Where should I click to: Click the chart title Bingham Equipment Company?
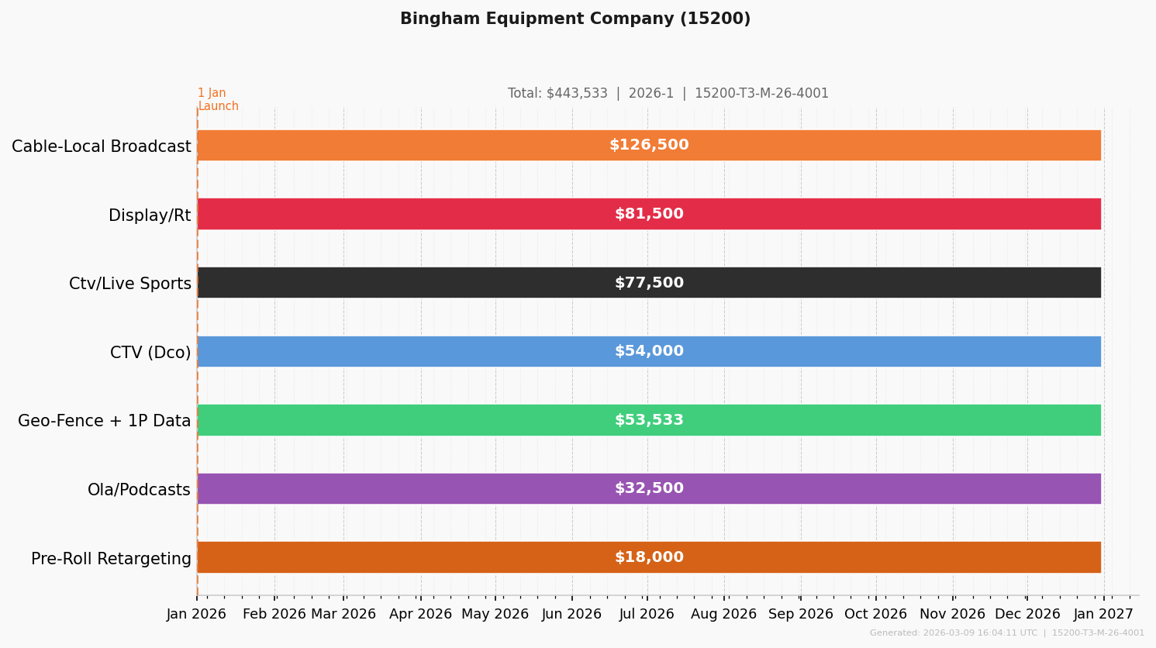pyautogui.click(x=575, y=19)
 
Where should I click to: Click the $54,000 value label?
pyautogui.click(x=649, y=352)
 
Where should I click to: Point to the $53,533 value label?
pyautogui.click(x=649, y=420)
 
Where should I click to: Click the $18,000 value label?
pyautogui.click(x=649, y=557)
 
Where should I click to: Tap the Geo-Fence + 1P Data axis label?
pyautogui.click(x=104, y=421)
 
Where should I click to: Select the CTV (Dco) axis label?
pyautogui.click(x=150, y=353)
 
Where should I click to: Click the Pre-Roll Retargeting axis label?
pyautogui.click(x=111, y=559)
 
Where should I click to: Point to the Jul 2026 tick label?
pyautogui.click(x=647, y=615)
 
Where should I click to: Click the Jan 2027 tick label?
pyautogui.click(x=1103, y=615)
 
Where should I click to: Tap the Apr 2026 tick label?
pyautogui.click(x=420, y=615)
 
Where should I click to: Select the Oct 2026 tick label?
pyautogui.click(x=875, y=615)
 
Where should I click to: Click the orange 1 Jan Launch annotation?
pyautogui.click(x=218, y=100)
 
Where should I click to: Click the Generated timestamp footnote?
pyautogui.click(x=1006, y=633)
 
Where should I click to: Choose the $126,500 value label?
pyautogui.click(x=649, y=146)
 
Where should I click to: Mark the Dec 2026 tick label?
pyautogui.click(x=1027, y=615)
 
